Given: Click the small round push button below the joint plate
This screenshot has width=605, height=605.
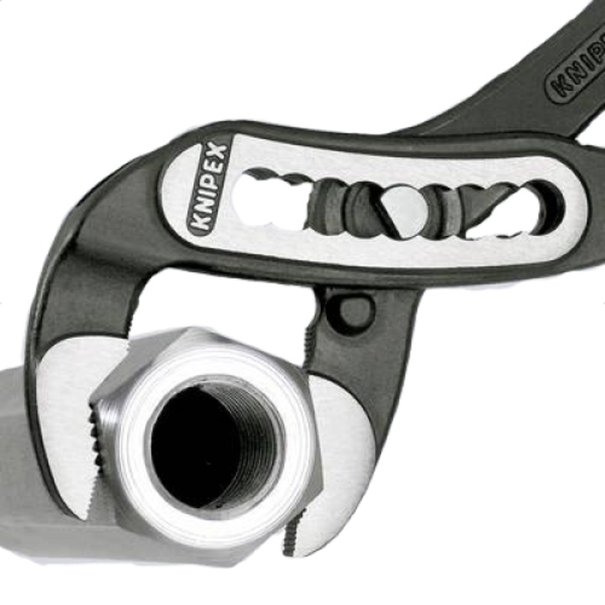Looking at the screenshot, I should pos(354,312).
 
